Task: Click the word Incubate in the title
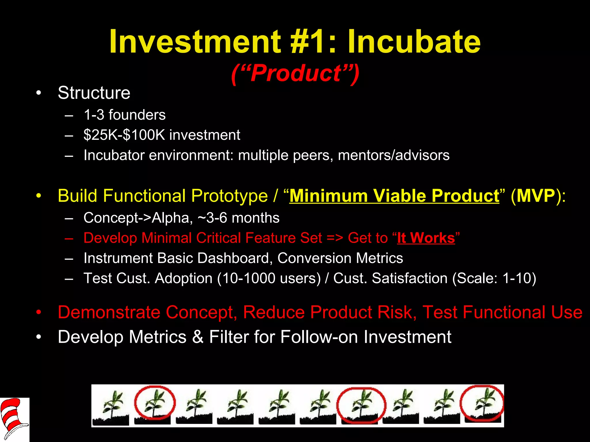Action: coord(414,42)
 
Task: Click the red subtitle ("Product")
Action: coord(295,73)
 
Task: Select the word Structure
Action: coord(94,93)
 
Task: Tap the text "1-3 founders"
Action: coord(124,115)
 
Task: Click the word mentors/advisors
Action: coord(394,155)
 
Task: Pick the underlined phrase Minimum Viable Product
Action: coord(394,196)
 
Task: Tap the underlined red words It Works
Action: coord(426,238)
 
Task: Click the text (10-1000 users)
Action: coord(269,278)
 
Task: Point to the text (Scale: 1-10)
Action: coord(494,278)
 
